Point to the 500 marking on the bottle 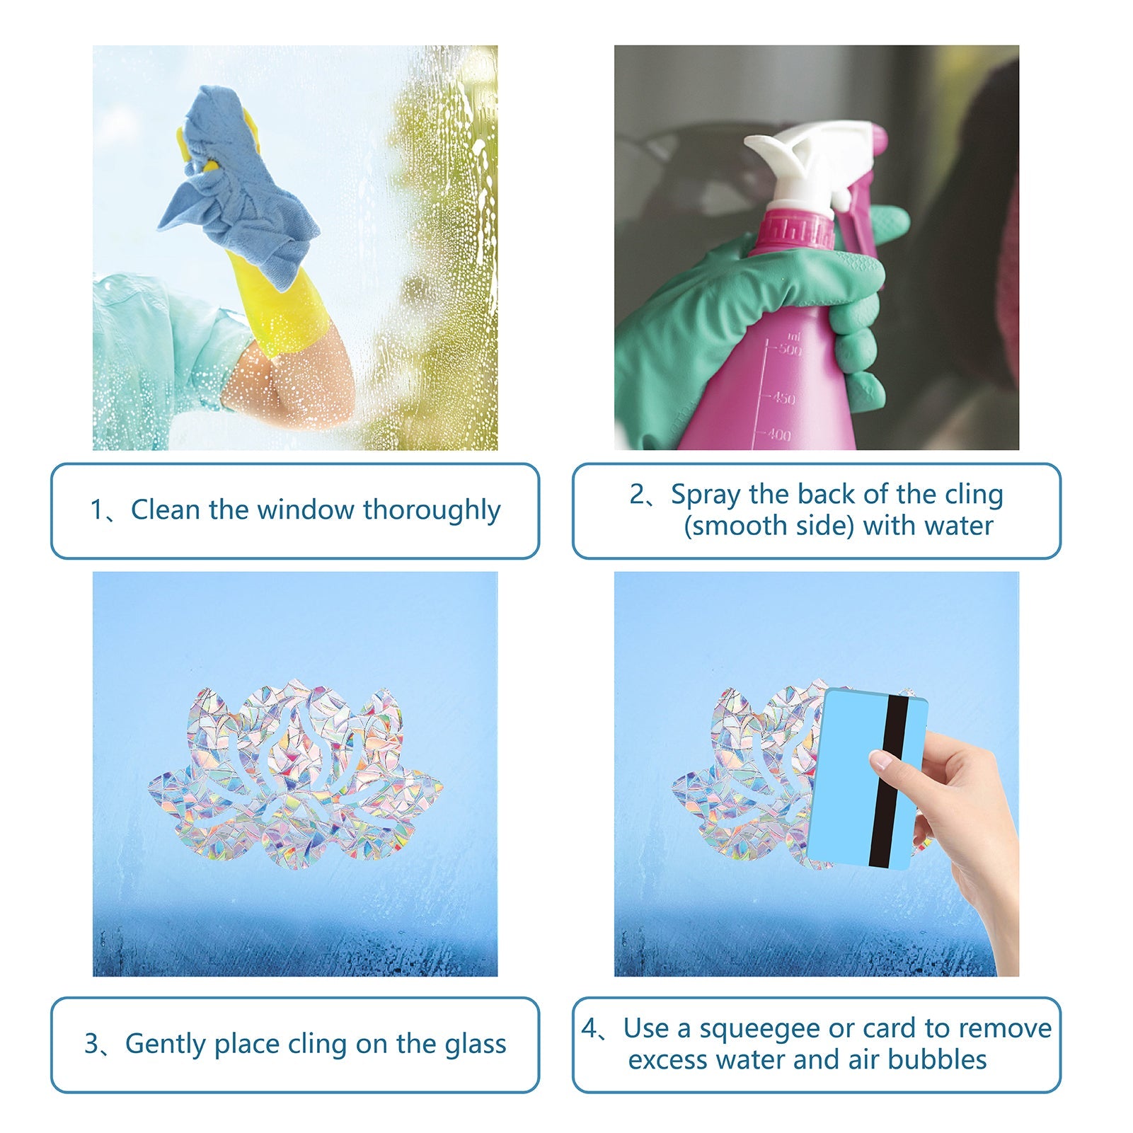point(790,349)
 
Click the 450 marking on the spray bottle point(783,398)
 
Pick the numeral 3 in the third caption point(92,1045)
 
